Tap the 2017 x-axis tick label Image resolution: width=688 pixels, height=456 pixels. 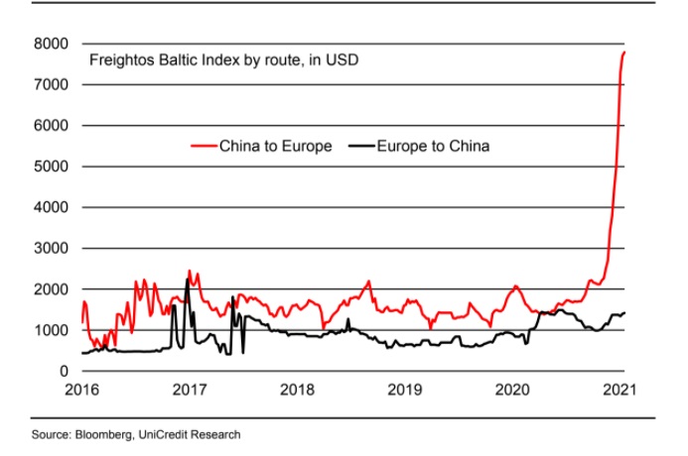tap(190, 389)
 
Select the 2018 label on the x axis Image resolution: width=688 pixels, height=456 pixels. tap(297, 389)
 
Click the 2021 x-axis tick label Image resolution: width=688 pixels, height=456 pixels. tap(619, 389)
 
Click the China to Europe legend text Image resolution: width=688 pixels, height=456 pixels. tap(275, 147)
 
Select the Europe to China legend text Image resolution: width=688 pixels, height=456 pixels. tap(434, 147)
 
